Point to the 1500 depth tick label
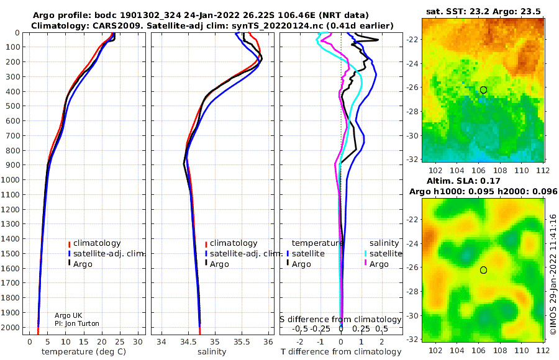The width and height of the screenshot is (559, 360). coord(12,253)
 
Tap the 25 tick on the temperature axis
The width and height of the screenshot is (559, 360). coord(120,342)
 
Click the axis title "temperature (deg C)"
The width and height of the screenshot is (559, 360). coord(84,352)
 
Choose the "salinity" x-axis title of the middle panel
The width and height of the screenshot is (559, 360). coord(212,352)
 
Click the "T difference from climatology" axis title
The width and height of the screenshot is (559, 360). coord(341,352)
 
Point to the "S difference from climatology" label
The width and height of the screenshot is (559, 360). coord(340,320)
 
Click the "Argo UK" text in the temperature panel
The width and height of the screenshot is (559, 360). coord(68,315)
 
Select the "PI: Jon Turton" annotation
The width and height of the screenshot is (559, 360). coord(76,323)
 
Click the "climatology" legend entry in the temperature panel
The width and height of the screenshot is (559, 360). coord(94,243)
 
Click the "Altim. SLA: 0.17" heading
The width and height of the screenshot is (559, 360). coord(463,181)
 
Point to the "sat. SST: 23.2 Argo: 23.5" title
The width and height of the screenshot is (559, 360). coord(483,11)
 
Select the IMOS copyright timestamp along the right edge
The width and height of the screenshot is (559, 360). coord(553,274)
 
